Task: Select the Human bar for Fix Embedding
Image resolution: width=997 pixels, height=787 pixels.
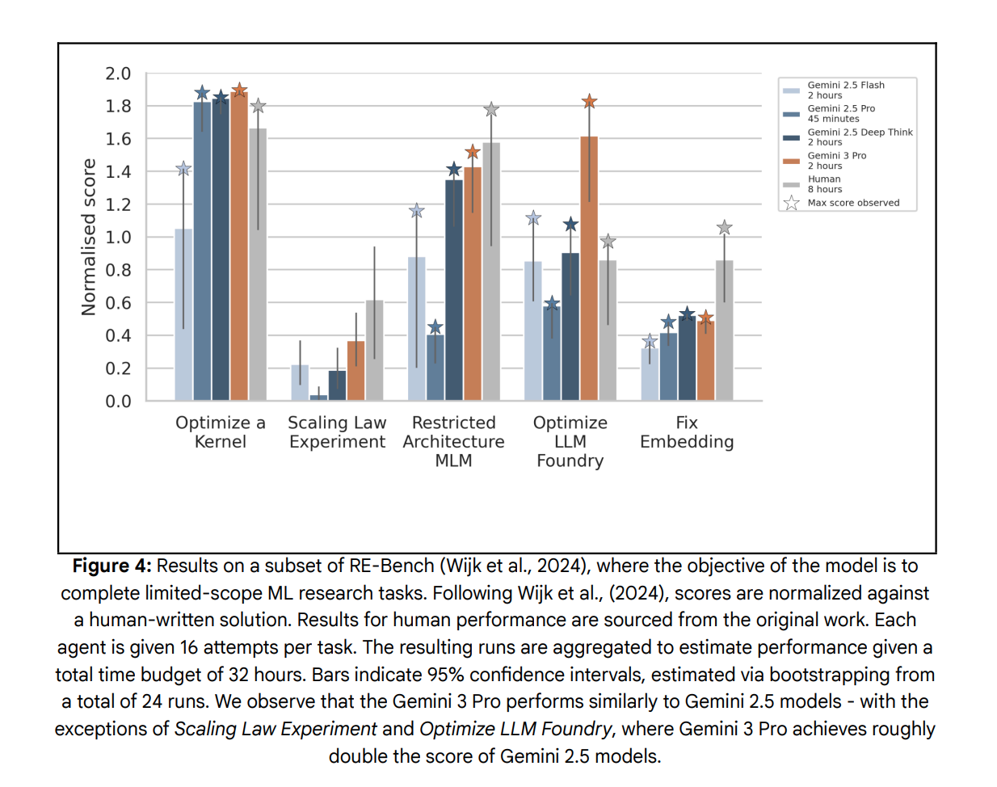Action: [x=724, y=331]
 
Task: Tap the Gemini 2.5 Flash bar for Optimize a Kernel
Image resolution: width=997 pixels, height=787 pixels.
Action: [x=183, y=315]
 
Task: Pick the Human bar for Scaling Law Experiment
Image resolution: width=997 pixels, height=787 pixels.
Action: [x=374, y=351]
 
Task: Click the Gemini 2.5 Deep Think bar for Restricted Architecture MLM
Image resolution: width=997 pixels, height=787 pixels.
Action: [x=454, y=291]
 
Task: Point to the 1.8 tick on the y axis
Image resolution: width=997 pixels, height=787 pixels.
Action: [x=118, y=107]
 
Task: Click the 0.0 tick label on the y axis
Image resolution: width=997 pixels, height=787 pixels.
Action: [x=118, y=402]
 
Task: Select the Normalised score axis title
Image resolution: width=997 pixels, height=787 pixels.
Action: [x=88, y=237]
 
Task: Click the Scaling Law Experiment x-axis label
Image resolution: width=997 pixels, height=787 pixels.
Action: [x=337, y=432]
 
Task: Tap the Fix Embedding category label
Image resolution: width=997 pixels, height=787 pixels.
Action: [x=687, y=432]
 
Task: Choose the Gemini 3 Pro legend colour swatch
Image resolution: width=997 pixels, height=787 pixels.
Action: [x=791, y=161]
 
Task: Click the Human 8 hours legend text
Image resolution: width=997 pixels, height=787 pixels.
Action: [x=824, y=184]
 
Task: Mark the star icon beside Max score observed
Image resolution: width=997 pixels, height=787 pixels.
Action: [x=791, y=203]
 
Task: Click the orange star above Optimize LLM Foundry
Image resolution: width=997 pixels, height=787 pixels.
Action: [x=589, y=102]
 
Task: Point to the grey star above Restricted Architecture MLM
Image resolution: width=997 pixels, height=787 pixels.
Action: [x=491, y=109]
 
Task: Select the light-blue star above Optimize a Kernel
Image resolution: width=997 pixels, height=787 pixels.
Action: [x=183, y=169]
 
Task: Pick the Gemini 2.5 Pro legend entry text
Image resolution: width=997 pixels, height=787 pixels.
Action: [x=841, y=113]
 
